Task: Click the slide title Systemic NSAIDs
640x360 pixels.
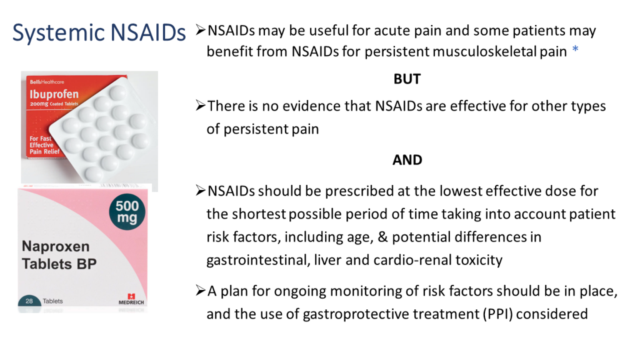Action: point(99,33)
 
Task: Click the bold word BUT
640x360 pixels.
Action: point(407,79)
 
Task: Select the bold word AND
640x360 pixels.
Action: point(407,159)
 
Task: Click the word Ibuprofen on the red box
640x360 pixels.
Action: point(54,94)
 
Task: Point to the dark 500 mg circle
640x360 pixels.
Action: point(127,212)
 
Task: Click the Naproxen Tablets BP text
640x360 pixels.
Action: point(59,255)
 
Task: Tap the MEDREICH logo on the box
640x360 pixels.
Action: point(131,299)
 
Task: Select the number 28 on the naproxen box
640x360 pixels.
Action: point(29,301)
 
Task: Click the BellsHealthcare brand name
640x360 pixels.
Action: point(47,82)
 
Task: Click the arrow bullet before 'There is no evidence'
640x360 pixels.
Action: point(200,106)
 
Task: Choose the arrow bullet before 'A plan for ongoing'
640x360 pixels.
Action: point(200,291)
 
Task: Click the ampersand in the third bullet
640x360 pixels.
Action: point(383,237)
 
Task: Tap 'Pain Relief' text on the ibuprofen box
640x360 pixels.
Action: point(44,151)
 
